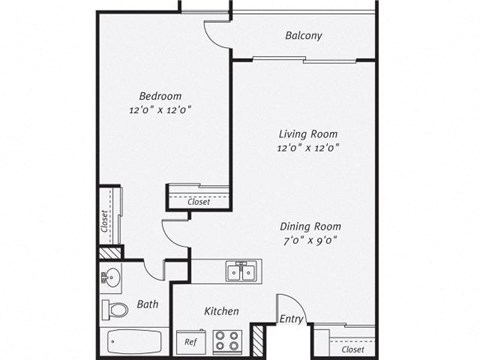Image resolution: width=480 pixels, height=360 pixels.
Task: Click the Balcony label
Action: point(303,37)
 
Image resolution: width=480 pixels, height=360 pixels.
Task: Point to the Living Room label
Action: point(307,133)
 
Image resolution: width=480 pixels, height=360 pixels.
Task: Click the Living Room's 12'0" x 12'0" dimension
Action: point(307,147)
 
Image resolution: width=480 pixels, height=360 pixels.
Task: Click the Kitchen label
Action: point(221,310)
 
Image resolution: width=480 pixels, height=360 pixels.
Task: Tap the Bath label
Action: point(147,304)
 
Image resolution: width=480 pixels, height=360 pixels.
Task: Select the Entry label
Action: point(292,320)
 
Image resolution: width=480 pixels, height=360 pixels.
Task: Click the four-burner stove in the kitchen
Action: point(229,338)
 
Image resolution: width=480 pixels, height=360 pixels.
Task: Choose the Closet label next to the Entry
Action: point(352,350)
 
